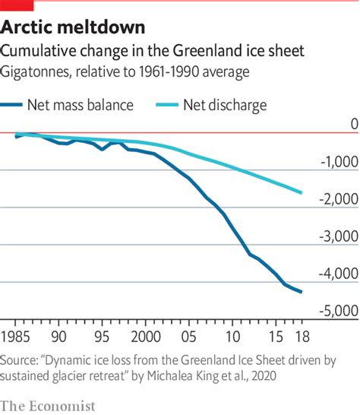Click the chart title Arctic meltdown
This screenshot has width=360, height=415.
(72, 28)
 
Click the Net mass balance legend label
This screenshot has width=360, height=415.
(97, 106)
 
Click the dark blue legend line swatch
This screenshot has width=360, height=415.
(21, 106)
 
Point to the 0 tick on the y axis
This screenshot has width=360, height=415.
(352, 124)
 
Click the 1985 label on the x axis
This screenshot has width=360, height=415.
(17, 336)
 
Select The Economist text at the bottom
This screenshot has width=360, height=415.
(48, 406)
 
